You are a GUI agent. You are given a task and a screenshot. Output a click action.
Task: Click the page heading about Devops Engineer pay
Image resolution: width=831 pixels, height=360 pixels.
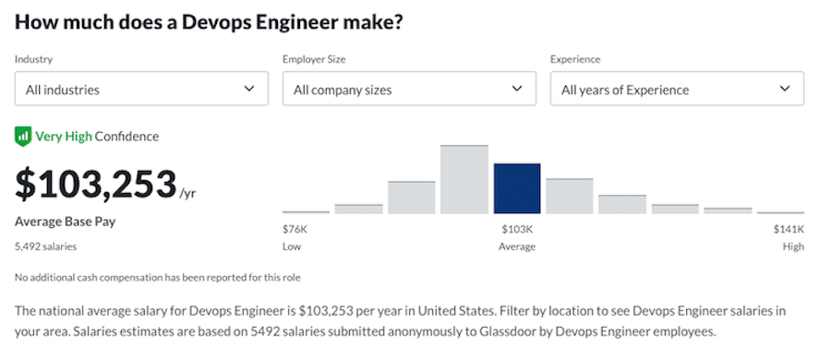point(208,21)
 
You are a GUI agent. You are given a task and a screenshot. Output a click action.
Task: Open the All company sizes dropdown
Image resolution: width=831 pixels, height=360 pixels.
point(408,90)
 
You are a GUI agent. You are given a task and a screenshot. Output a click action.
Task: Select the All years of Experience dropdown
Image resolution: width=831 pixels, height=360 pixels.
point(676,90)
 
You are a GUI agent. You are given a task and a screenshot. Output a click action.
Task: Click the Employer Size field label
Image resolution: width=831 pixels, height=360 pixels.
point(314,60)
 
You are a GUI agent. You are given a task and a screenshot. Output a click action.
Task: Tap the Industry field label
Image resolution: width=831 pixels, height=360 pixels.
point(33,60)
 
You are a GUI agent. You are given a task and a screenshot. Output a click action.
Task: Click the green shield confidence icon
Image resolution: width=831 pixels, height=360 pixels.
point(23,137)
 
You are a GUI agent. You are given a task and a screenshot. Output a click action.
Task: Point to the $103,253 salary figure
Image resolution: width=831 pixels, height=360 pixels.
point(95,184)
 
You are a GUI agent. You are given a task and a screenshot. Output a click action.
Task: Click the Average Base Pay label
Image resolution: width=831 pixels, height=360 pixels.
point(65,222)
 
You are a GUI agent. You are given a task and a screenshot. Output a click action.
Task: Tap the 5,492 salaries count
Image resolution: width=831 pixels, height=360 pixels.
point(45,246)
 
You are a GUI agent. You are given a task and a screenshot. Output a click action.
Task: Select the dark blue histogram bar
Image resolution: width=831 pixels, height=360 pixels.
point(517,188)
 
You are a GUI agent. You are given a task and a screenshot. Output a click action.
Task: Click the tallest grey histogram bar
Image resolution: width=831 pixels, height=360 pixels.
point(464,180)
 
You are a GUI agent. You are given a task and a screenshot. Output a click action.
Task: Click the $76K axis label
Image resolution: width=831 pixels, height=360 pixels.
point(295,229)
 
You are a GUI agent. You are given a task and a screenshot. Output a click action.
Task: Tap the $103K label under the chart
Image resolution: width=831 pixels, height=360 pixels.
point(516,229)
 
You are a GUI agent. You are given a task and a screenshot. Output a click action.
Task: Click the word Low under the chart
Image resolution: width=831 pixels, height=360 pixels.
point(292,246)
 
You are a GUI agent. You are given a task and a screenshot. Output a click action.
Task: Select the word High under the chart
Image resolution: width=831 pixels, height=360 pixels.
point(792,246)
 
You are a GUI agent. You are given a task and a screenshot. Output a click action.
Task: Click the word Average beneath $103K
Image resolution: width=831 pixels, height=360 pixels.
point(516,246)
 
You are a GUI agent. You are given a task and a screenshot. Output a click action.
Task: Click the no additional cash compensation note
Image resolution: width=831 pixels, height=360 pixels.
point(157,277)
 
